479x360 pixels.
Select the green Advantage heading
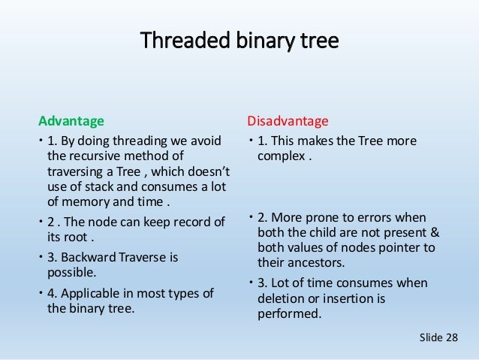tap(71, 120)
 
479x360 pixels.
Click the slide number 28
tap(449, 339)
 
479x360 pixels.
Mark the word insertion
tap(346, 298)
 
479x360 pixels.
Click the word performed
tap(288, 313)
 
